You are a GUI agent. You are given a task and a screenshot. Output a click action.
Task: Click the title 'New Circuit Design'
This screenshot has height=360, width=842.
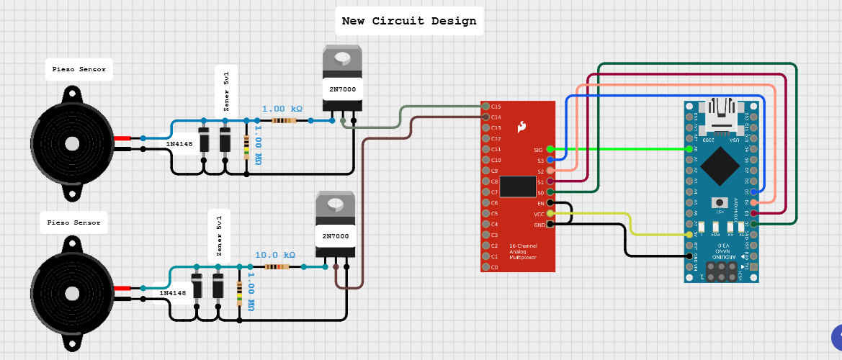point(409,21)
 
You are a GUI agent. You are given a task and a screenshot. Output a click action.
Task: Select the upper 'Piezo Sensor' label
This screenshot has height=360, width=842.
point(79,70)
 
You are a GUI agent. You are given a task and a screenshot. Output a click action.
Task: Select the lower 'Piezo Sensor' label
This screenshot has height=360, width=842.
point(74,222)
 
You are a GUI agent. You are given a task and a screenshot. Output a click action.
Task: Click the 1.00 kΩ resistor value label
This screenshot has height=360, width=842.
point(282,109)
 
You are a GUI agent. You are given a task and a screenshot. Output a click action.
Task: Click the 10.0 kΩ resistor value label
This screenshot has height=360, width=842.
point(275,255)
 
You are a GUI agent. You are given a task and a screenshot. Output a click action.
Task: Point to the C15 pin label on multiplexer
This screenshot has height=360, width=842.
point(496,107)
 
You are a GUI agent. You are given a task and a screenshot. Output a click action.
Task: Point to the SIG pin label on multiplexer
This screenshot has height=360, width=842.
point(537,150)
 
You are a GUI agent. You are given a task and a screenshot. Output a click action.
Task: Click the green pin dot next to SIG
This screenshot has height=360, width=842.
point(550,149)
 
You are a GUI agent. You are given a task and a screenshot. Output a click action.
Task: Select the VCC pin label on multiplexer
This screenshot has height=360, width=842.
point(537,214)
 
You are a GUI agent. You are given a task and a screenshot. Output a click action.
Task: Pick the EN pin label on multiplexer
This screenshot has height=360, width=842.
point(539,204)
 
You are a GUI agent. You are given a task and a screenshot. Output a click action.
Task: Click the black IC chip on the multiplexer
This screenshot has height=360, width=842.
point(517,186)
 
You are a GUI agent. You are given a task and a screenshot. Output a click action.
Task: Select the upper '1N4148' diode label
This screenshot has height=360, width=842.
point(179,144)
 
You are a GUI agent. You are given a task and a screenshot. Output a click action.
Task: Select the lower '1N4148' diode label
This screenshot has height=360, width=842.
point(173,293)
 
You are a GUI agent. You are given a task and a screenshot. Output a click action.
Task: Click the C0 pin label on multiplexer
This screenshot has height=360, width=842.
point(494,267)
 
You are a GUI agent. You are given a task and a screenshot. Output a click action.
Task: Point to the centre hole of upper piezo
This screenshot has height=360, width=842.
point(72,143)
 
